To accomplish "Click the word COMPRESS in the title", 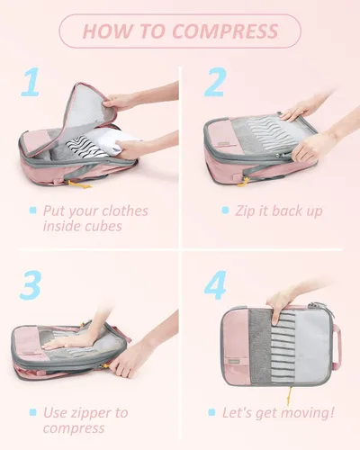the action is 225,31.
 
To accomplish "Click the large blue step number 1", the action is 31,82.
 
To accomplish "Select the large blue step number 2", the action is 215,82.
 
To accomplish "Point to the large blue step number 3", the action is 31,285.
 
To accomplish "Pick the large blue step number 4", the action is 215,285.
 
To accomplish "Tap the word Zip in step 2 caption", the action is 246,211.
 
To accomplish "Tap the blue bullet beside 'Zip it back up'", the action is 225,210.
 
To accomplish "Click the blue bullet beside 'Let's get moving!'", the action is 211,412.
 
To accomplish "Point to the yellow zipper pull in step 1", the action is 79,184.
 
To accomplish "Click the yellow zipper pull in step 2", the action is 244,182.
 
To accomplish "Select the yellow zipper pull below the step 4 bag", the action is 291,396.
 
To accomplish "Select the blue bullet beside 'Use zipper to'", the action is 33,412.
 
